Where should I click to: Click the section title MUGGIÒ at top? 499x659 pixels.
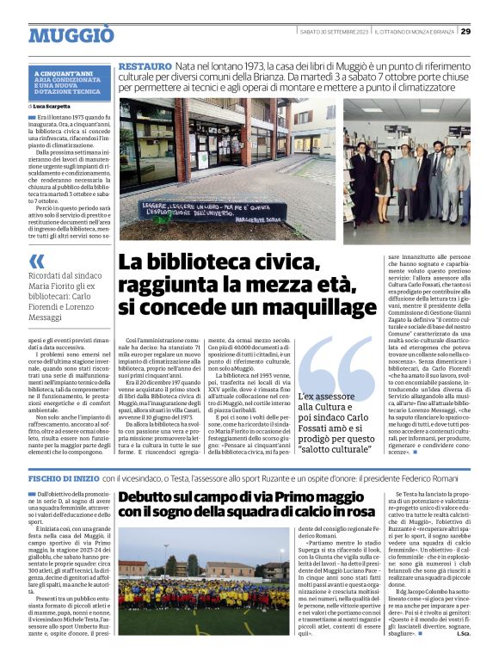(x=71, y=35)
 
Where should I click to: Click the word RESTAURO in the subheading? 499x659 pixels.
(x=145, y=66)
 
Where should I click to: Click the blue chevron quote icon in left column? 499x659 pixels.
(x=35, y=262)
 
